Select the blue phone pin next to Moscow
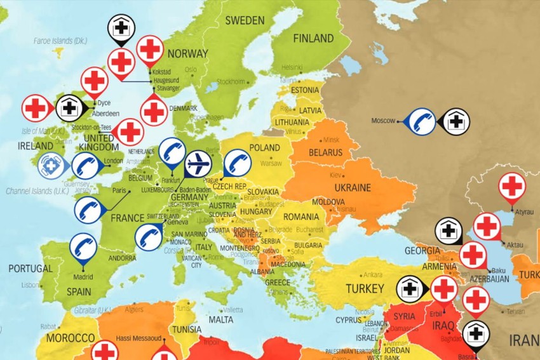(x=422, y=120)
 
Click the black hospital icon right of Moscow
(x=456, y=120)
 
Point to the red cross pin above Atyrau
(x=512, y=186)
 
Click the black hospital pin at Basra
(x=476, y=334)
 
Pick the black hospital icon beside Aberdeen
(x=69, y=108)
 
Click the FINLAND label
(x=313, y=39)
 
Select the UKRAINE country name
(x=353, y=188)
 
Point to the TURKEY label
(x=365, y=290)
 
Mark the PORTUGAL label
(x=30, y=269)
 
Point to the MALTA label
(x=221, y=320)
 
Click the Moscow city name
(x=383, y=120)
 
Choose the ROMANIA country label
(x=300, y=217)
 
